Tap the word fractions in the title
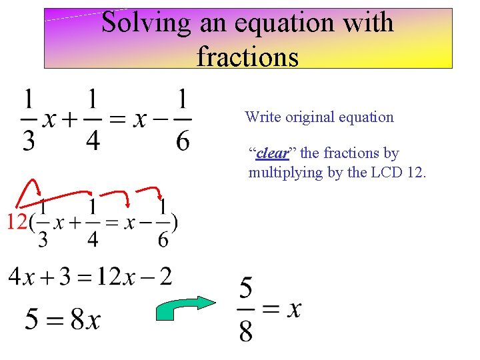(x=247, y=57)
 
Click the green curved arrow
(x=186, y=311)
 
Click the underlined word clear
(x=272, y=153)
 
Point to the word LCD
(x=385, y=173)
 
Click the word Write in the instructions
(x=263, y=117)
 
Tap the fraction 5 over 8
(x=246, y=310)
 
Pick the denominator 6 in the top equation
(x=182, y=141)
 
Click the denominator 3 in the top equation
(x=29, y=141)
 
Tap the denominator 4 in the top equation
(x=93, y=141)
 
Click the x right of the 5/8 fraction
(x=294, y=309)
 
